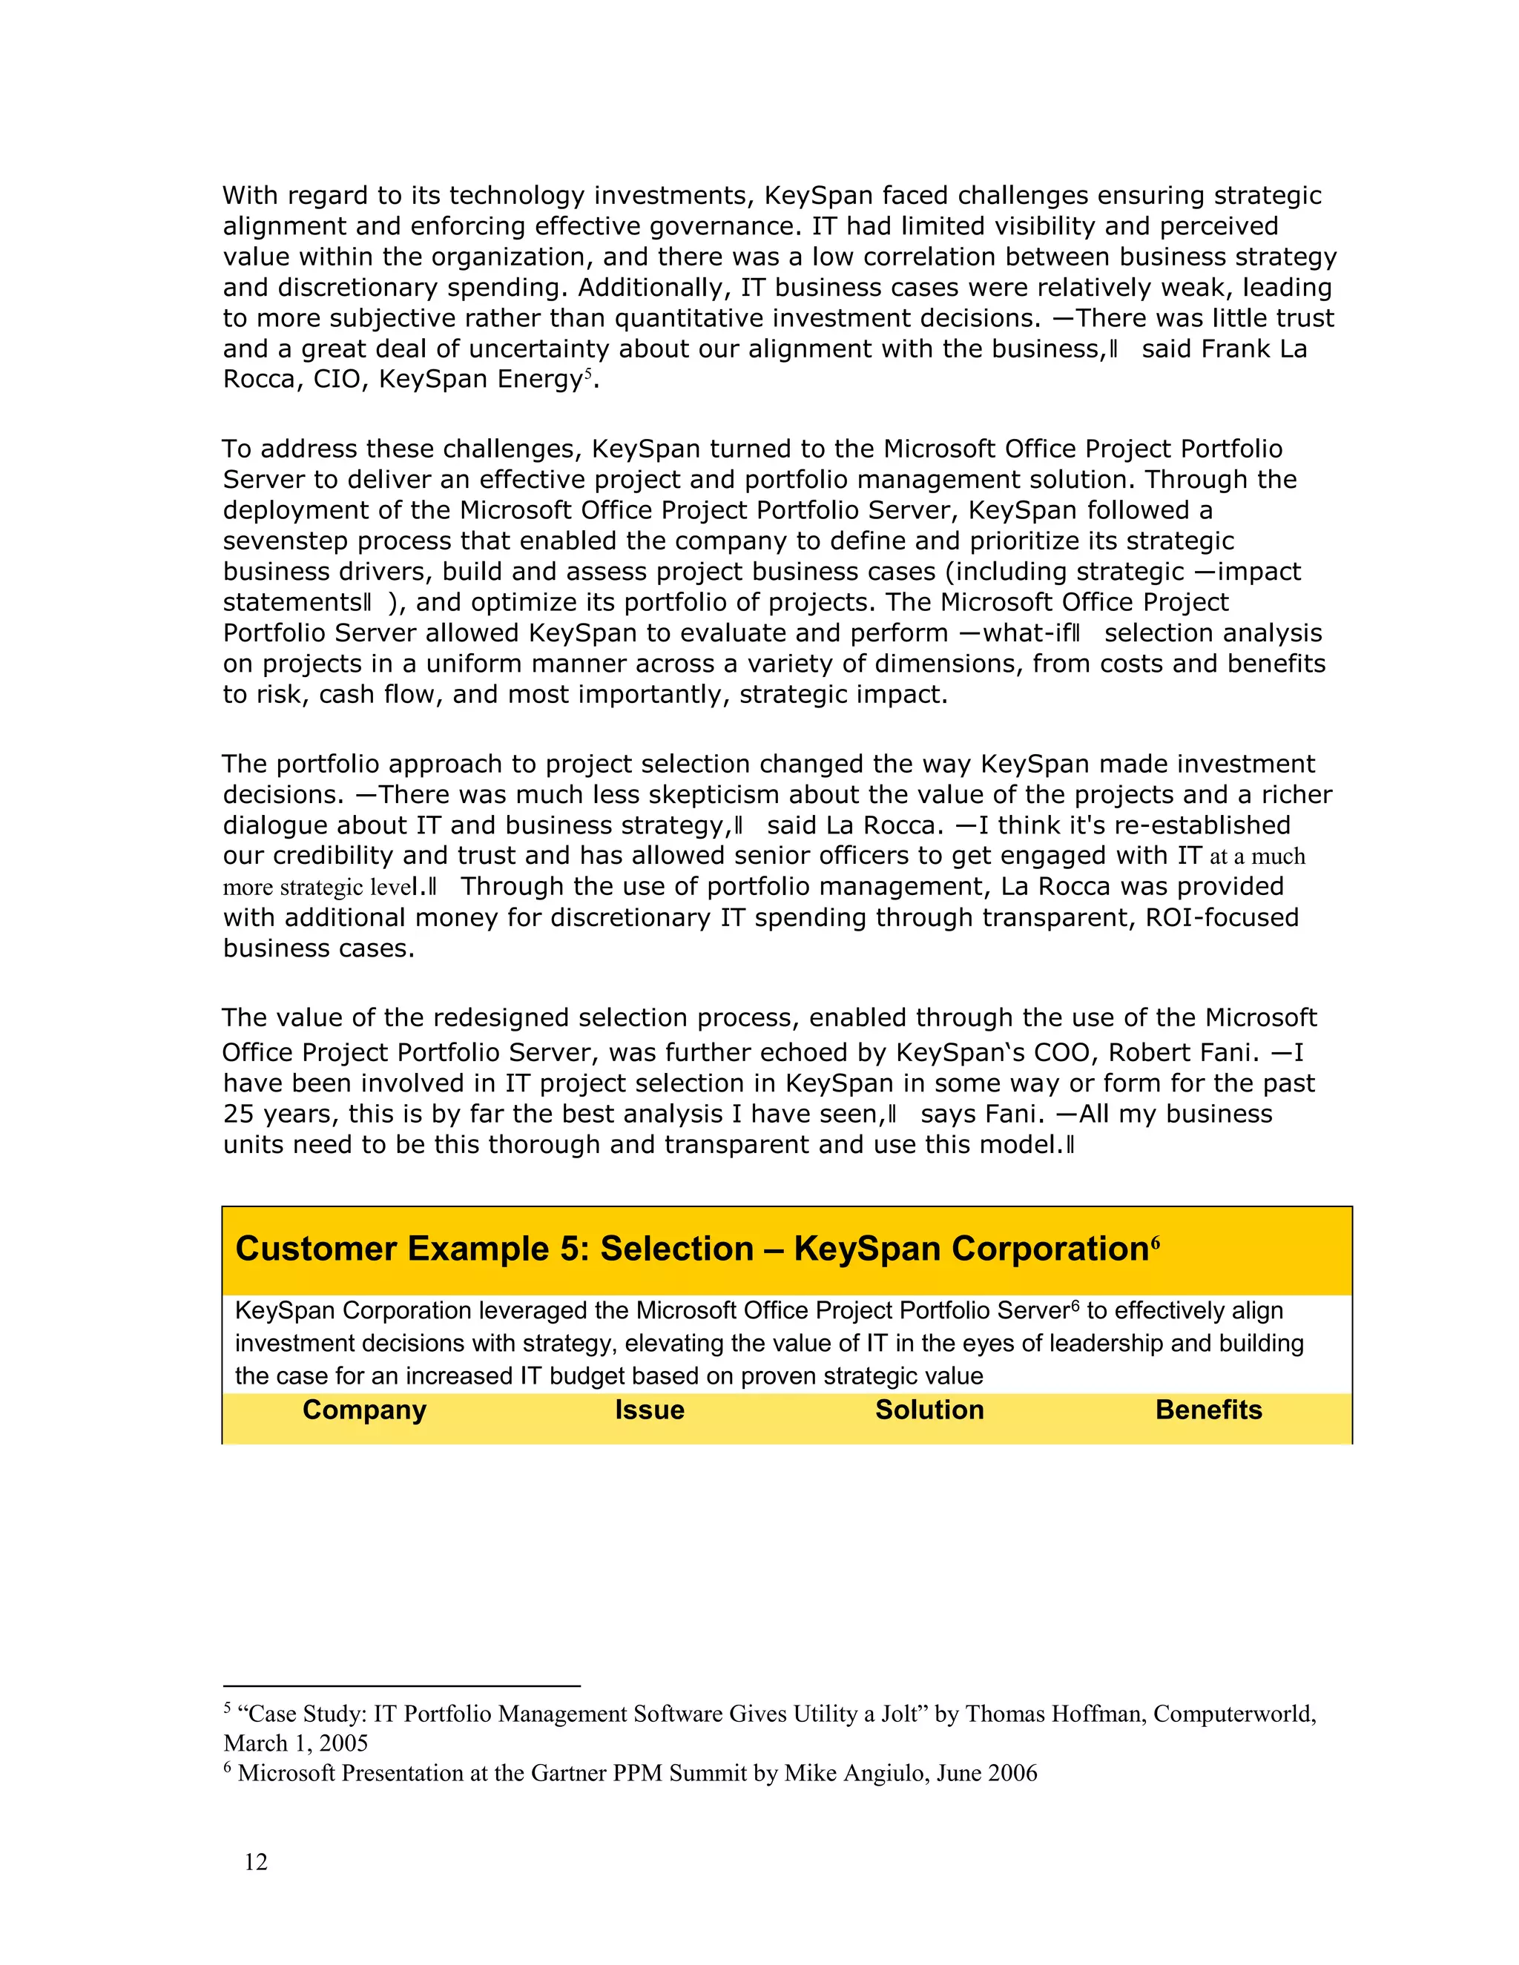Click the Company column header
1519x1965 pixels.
[x=363, y=1410]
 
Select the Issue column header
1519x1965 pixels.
[x=649, y=1410]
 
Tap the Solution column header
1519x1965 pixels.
[x=929, y=1410]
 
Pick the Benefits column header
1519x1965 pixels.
[x=1207, y=1410]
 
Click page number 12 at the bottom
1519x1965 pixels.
[x=256, y=1861]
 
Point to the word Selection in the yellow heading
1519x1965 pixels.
[x=676, y=1249]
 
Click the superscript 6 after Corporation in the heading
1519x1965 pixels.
[x=1155, y=1243]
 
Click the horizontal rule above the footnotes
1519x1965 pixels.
[x=401, y=1686]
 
